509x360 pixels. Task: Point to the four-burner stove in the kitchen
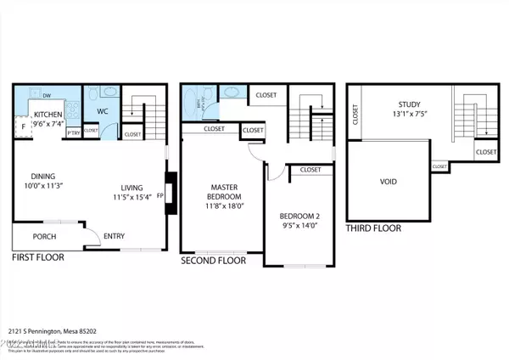point(75,110)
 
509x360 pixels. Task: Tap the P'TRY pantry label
point(73,132)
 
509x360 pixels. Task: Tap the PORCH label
point(44,237)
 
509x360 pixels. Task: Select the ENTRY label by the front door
point(115,237)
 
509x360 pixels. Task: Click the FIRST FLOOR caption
point(42,256)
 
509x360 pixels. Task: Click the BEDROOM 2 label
point(299,217)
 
